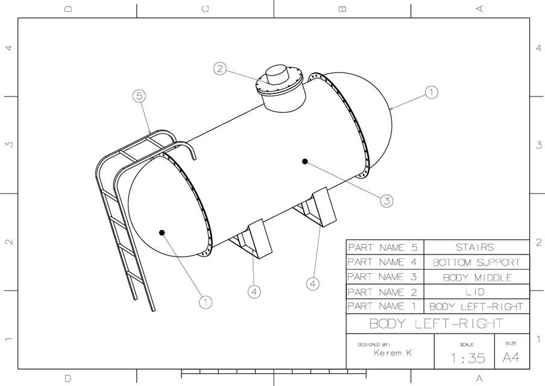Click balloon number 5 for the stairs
click(139, 95)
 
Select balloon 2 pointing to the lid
click(221, 69)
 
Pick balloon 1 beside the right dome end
click(431, 92)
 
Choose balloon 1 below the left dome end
click(206, 302)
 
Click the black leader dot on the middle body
click(305, 162)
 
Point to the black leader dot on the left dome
click(162, 232)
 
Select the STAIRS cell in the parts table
click(476, 247)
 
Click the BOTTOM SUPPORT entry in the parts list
click(476, 262)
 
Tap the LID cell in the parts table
click(476, 292)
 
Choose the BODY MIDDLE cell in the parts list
click(476, 277)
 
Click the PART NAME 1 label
click(384, 306)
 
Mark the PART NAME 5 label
click(384, 247)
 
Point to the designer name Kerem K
click(392, 353)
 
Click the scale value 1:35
click(467, 358)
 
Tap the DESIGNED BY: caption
click(374, 344)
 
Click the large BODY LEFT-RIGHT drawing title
click(435, 323)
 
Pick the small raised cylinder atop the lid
click(279, 74)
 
